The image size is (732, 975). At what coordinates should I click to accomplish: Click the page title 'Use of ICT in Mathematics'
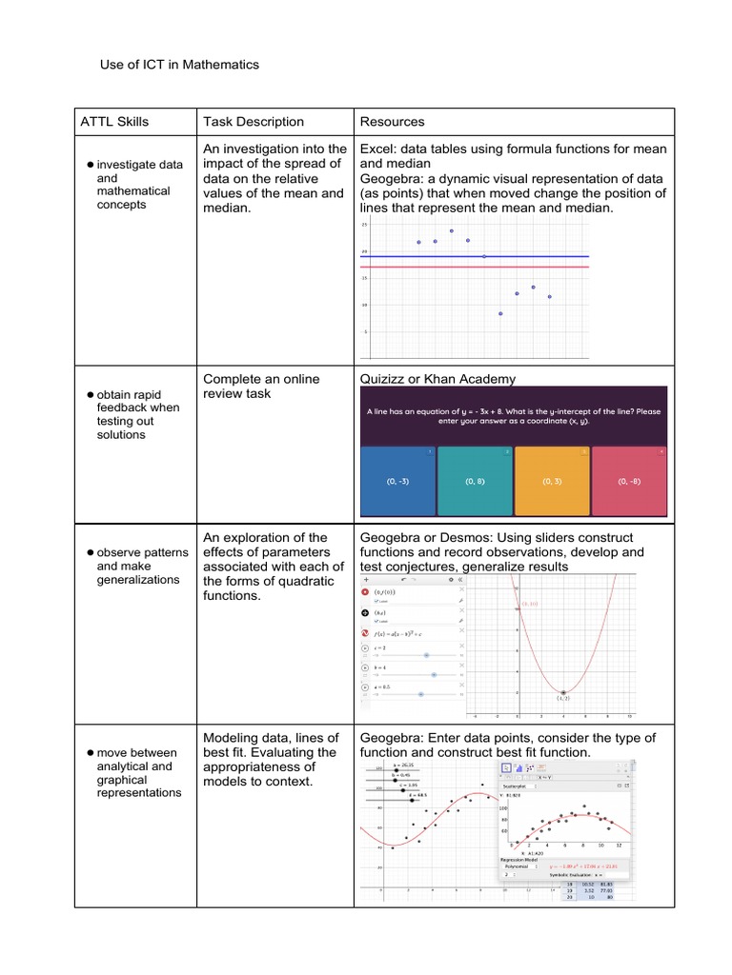click(179, 65)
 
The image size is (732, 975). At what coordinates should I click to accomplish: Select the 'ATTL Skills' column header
click(114, 122)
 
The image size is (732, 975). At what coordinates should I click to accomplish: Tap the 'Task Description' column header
click(254, 122)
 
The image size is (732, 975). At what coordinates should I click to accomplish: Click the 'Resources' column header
click(392, 122)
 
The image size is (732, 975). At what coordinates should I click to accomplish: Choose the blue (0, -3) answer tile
click(397, 482)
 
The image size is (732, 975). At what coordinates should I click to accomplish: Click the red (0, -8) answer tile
click(629, 482)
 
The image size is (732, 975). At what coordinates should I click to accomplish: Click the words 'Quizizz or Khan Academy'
click(437, 379)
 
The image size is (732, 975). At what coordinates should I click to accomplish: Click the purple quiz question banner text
click(513, 417)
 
